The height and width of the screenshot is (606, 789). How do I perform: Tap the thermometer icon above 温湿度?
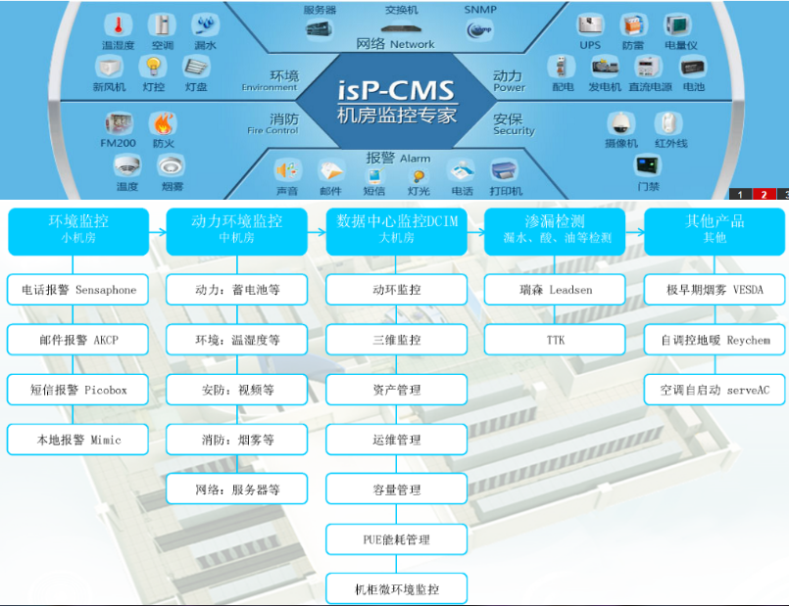click(x=119, y=24)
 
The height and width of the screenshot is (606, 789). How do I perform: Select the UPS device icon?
click(x=590, y=24)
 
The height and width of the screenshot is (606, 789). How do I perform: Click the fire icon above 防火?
click(x=163, y=123)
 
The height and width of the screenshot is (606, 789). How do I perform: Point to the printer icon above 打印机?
click(x=506, y=169)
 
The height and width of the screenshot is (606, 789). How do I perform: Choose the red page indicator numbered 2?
click(x=764, y=194)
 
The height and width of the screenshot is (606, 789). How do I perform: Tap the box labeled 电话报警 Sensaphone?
click(x=78, y=290)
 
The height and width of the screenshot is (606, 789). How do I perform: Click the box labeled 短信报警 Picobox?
click(x=78, y=390)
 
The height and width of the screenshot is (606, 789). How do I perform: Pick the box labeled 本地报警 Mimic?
click(x=78, y=440)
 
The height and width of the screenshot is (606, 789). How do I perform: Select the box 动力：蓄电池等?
click(x=237, y=290)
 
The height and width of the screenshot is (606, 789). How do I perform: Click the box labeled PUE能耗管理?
click(x=396, y=539)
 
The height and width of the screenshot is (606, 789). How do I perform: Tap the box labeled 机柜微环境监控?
click(x=396, y=589)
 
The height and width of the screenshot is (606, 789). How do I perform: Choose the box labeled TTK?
click(x=555, y=340)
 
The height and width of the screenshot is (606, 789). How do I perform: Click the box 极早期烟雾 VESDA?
click(x=714, y=290)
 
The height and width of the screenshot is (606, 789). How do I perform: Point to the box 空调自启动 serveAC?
click(x=714, y=390)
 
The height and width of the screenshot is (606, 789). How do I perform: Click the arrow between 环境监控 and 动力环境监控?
click(x=157, y=231)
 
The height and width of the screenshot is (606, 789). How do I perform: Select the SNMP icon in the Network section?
click(x=480, y=29)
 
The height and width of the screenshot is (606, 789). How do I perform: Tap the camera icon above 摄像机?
click(x=620, y=123)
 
